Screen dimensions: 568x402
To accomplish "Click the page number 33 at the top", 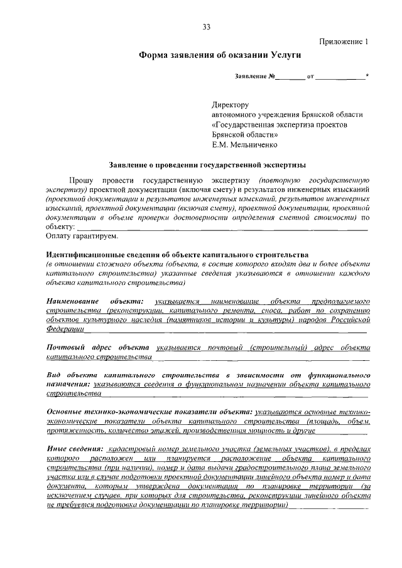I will coord(207,26).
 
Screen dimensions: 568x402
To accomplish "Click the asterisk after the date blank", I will coord(367,76).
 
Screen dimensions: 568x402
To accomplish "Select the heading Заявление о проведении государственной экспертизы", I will coord(207,164).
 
